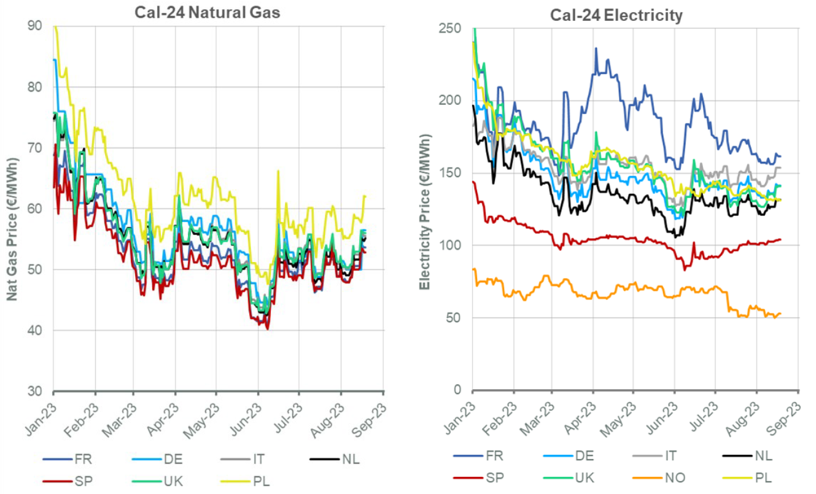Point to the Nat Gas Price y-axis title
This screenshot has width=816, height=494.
12,229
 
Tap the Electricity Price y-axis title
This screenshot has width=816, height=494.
425,219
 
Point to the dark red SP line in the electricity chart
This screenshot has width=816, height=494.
614,236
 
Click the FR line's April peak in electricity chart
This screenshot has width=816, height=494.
596,49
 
